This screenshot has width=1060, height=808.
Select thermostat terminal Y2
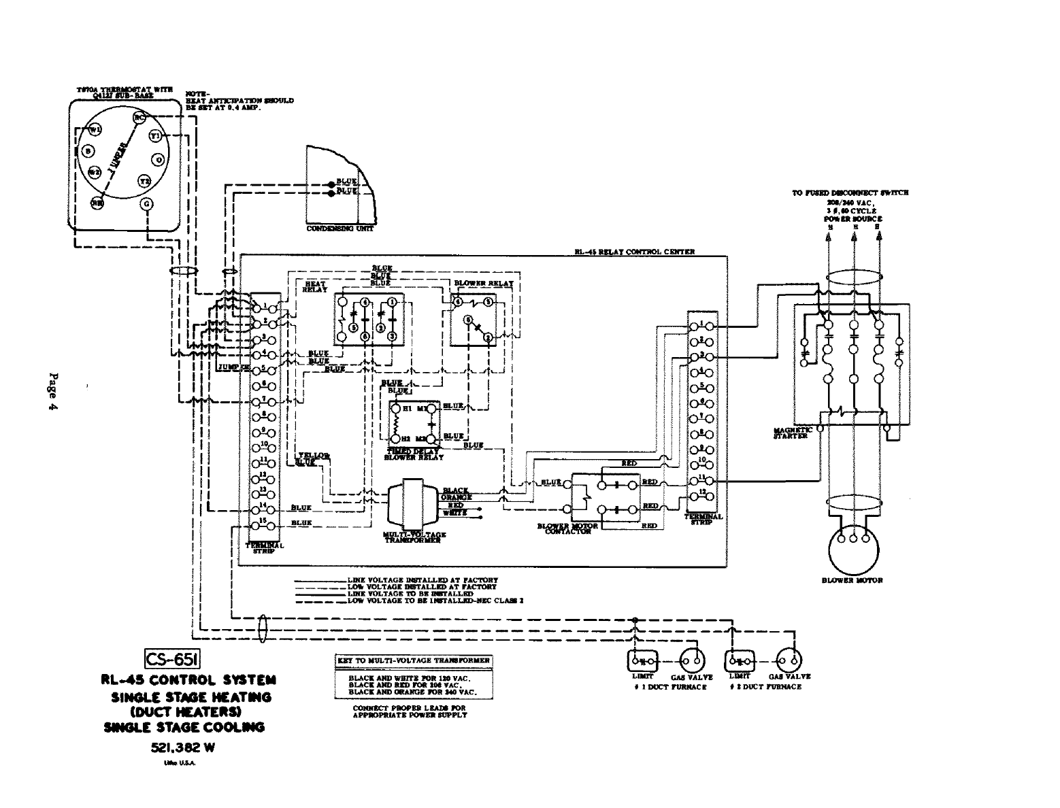coord(144,181)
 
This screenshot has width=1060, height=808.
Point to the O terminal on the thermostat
coord(159,159)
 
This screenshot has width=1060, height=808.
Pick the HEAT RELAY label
coord(315,286)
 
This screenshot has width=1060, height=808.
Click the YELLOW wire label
coord(314,455)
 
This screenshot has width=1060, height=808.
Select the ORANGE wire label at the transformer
coord(456,497)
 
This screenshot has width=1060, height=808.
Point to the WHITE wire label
coord(456,513)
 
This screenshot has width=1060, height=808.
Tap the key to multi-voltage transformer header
coord(413,660)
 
